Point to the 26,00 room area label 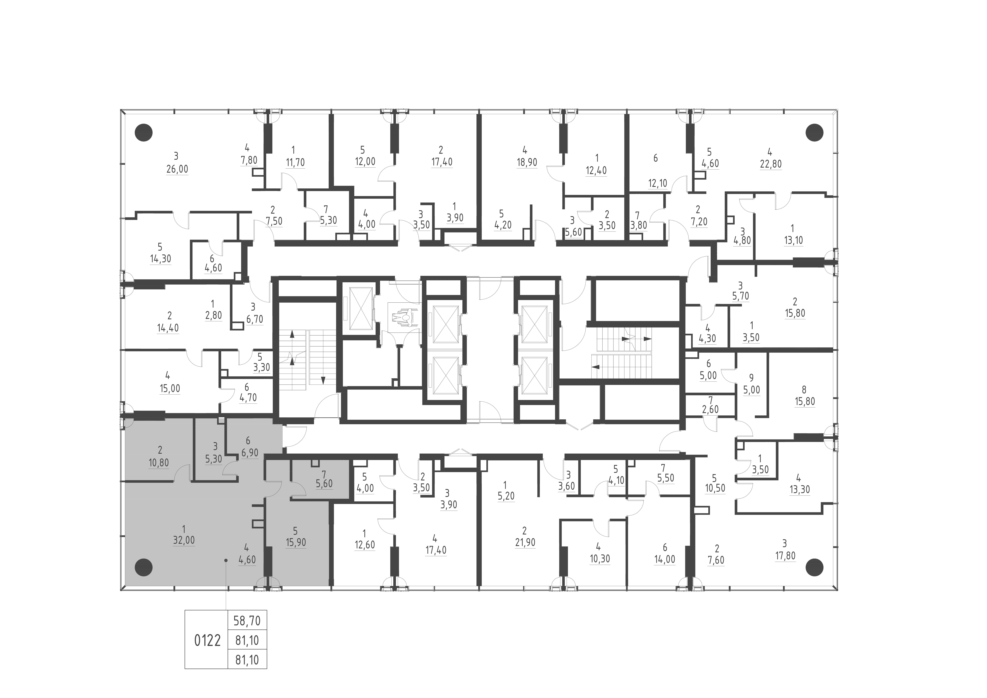(x=177, y=169)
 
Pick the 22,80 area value (x=771, y=164)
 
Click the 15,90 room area (x=296, y=542)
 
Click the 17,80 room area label (x=785, y=556)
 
